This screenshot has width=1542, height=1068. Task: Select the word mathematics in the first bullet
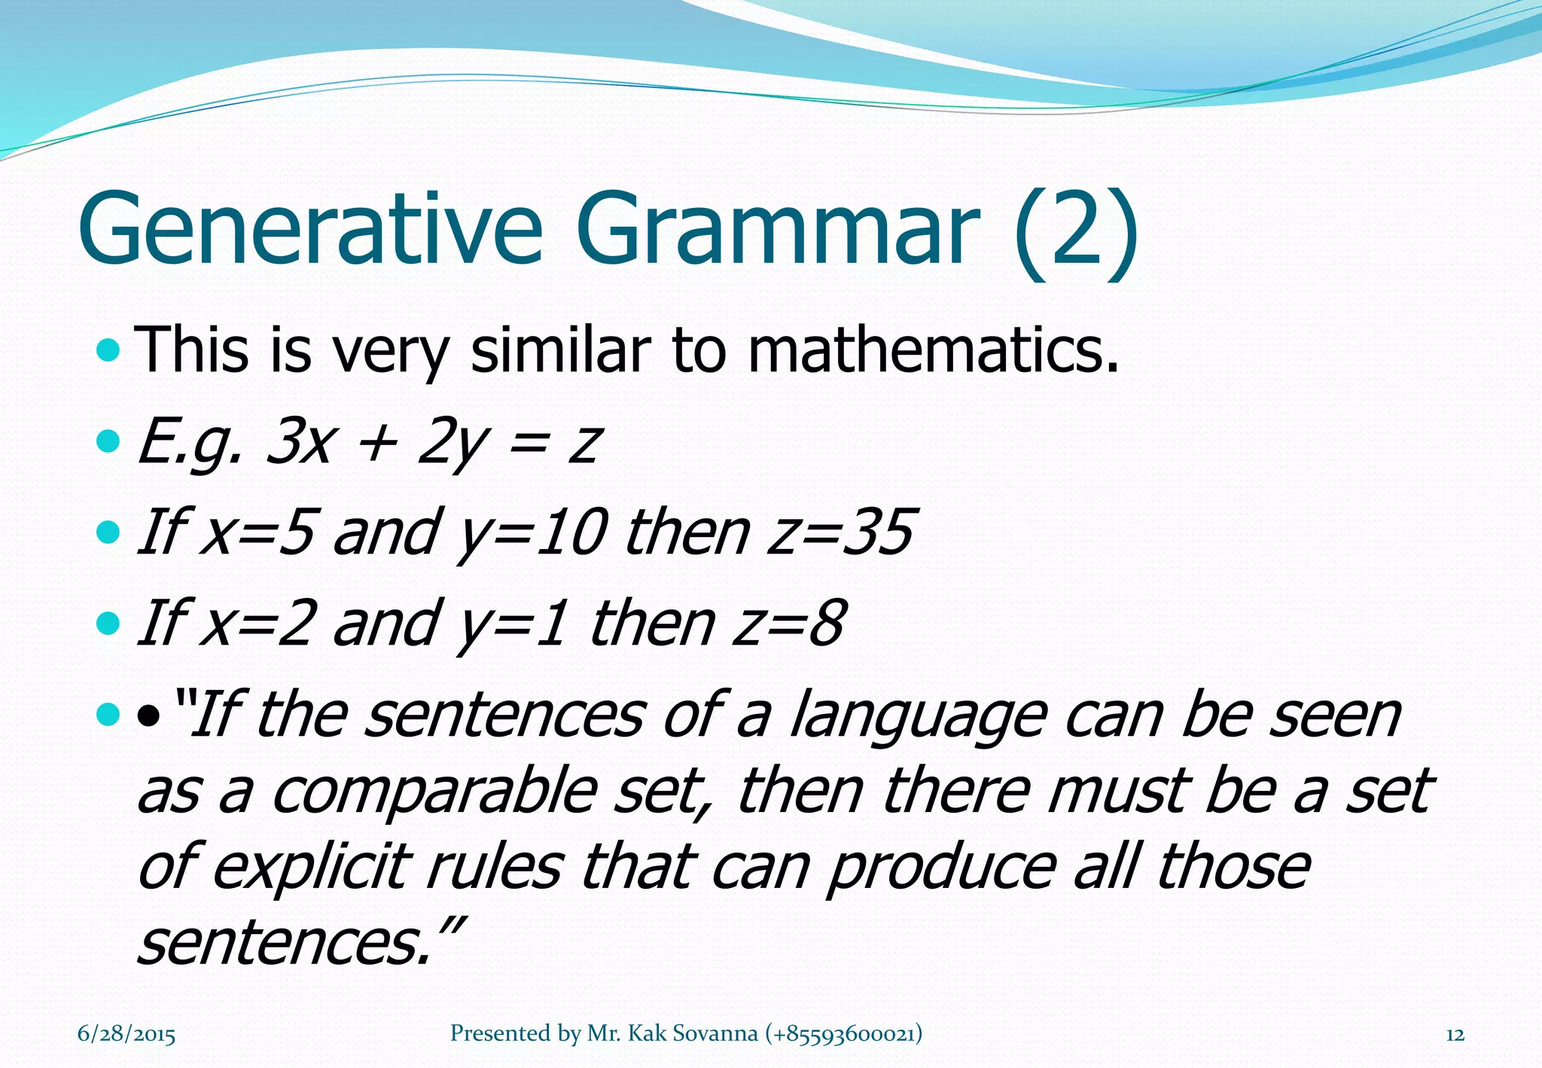pos(932,350)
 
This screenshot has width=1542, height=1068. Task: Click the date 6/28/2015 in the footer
pos(126,1034)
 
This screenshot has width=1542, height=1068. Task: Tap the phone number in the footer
pos(843,1033)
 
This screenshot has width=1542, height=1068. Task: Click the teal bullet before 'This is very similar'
pos(109,349)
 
